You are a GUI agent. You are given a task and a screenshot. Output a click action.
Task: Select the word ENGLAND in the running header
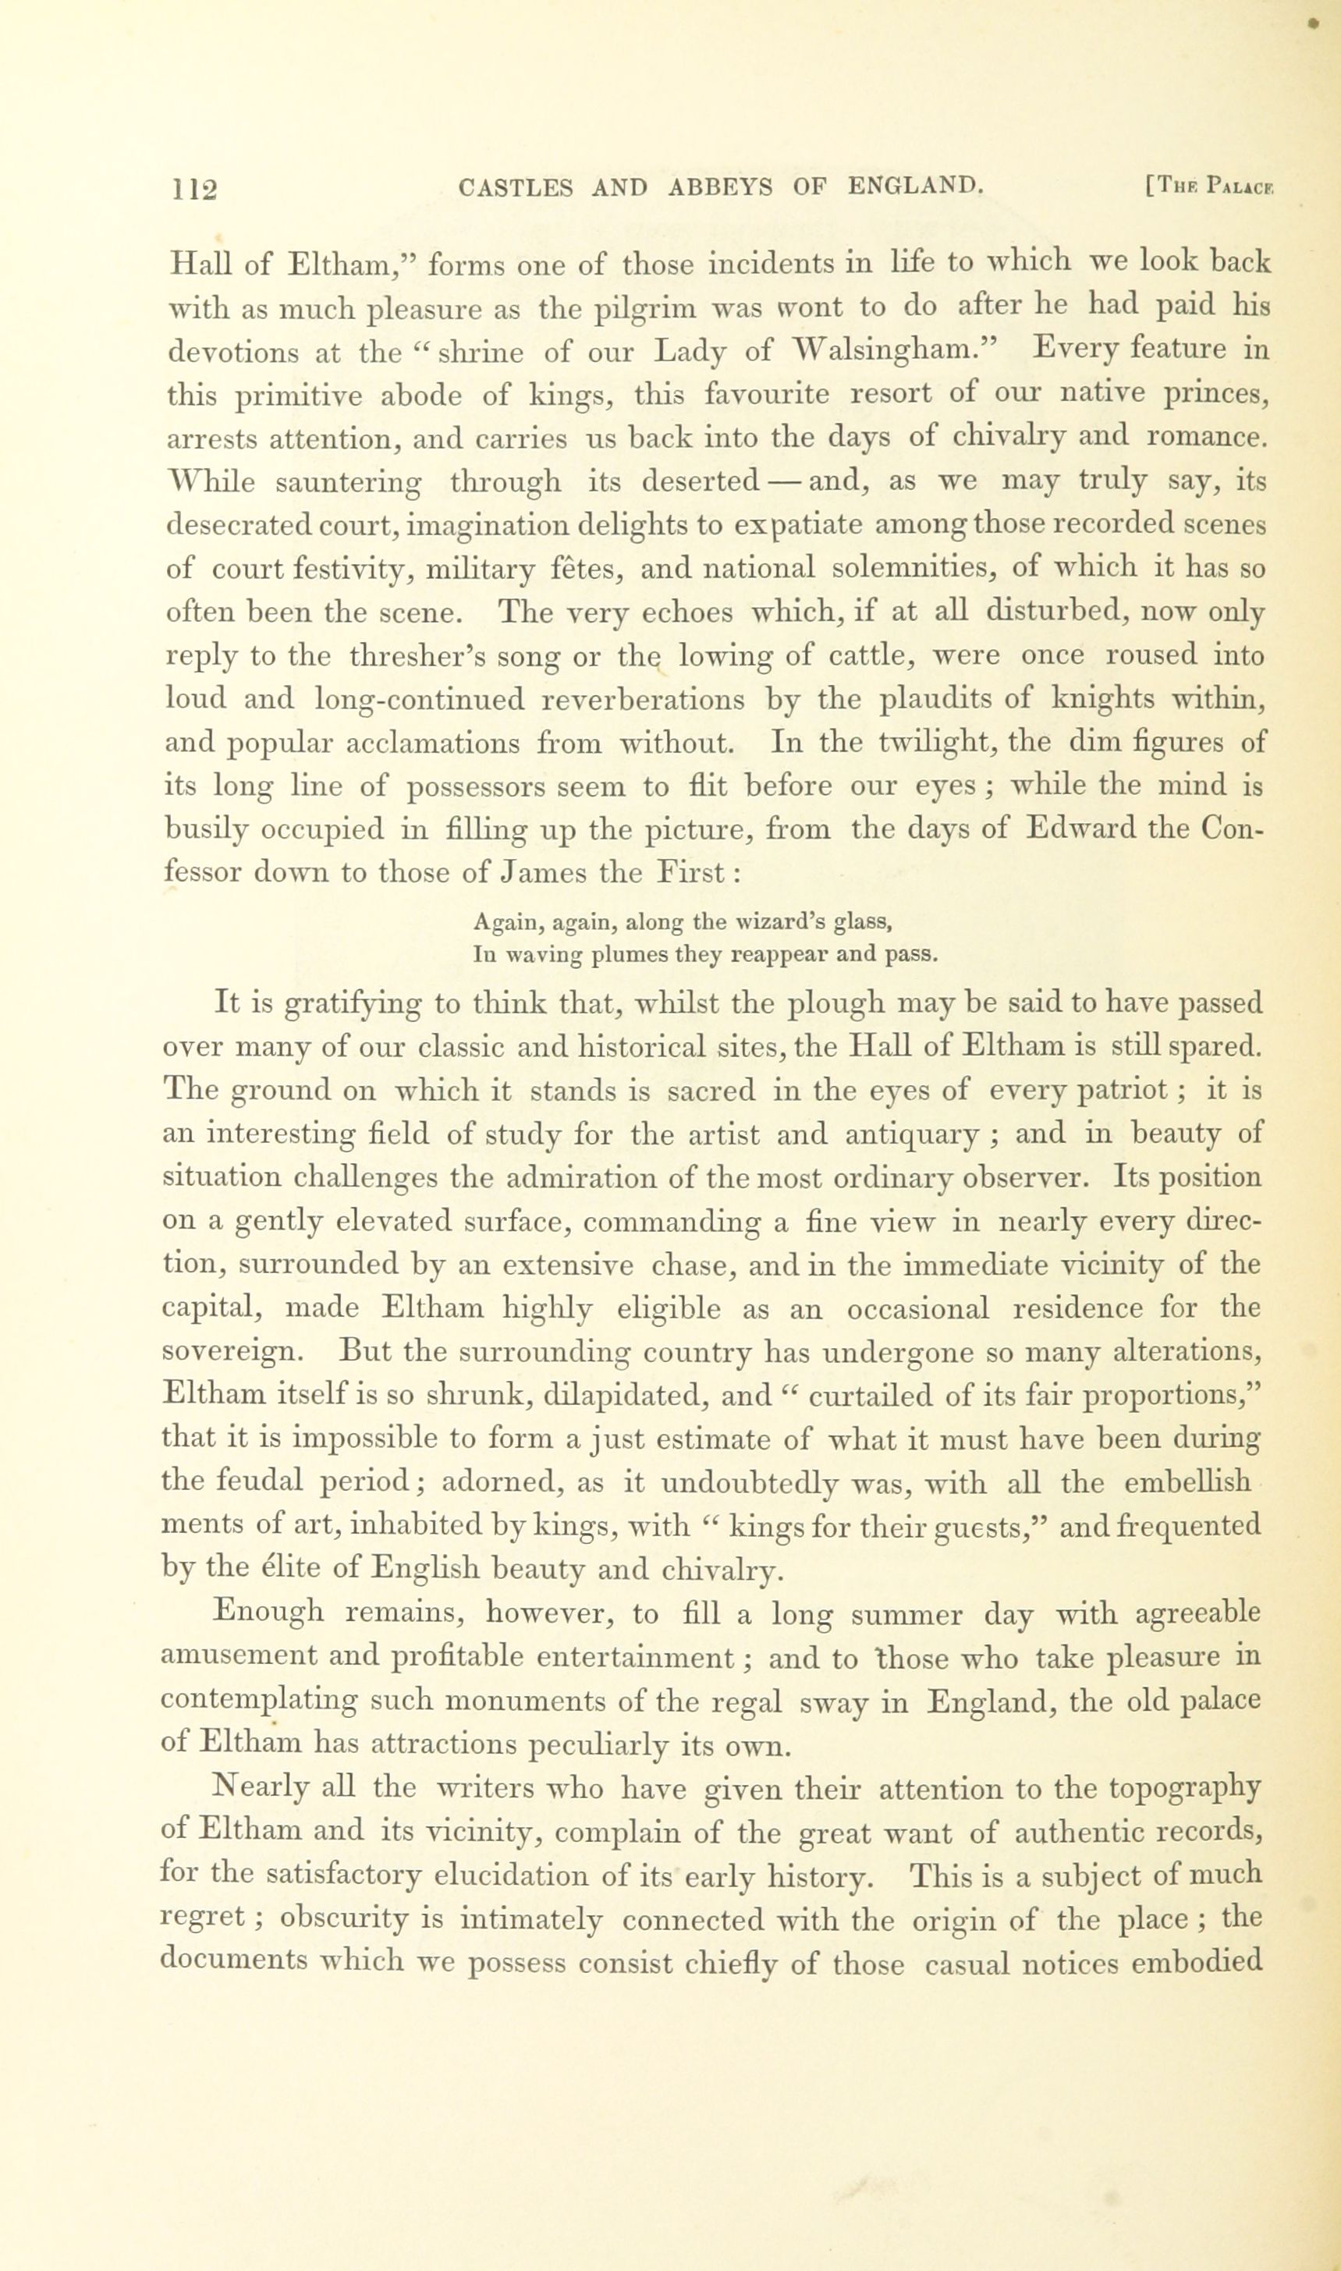914,186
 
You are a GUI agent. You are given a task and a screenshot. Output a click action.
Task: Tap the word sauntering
348,483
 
